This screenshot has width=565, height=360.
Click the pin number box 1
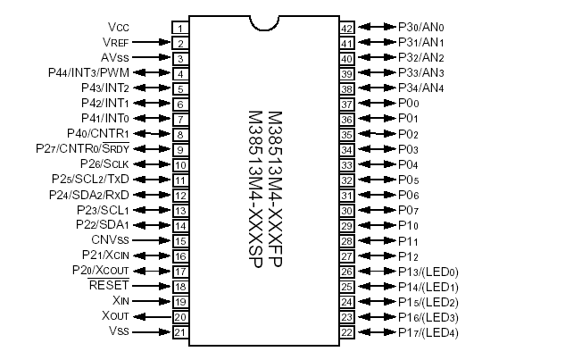coord(179,28)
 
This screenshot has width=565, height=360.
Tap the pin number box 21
coord(179,332)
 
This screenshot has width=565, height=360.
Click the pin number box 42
coord(348,28)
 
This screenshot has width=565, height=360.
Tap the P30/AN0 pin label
coord(420,27)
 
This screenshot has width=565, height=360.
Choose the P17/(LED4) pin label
coord(428,332)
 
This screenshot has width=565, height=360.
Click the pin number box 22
coord(348,332)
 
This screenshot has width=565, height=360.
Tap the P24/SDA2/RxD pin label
coord(89,195)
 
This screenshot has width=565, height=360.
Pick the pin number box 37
coord(348,104)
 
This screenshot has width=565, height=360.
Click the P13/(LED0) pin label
coord(428,272)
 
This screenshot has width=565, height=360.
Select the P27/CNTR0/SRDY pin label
coord(84,148)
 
